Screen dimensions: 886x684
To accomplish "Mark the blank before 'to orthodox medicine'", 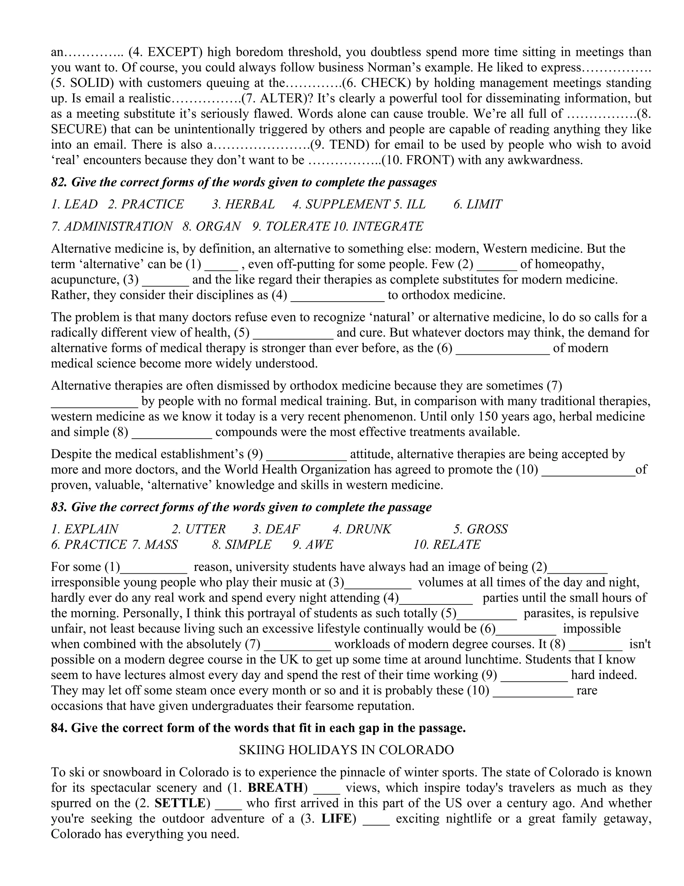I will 338,295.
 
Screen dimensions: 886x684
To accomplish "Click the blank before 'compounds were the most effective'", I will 172,432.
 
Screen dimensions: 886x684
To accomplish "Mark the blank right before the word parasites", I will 487,613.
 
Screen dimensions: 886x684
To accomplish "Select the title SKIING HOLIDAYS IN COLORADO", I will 346,750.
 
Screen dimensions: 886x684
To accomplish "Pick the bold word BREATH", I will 275,787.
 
